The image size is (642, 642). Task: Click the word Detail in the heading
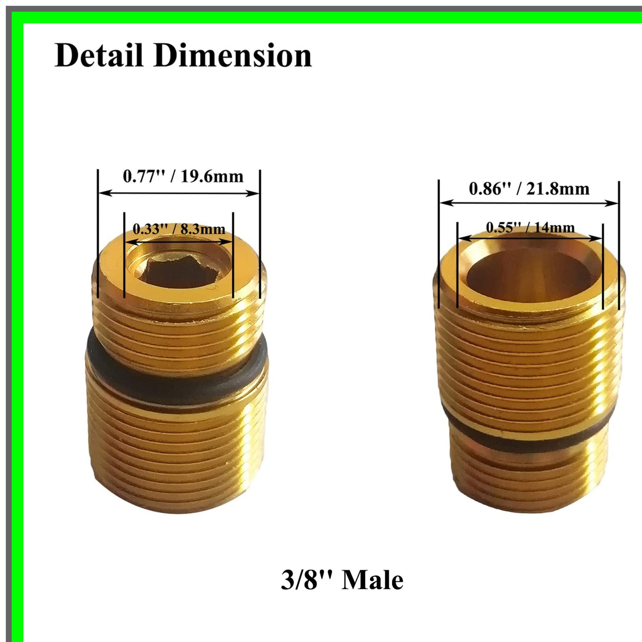[99, 55]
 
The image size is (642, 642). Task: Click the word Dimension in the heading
[232, 55]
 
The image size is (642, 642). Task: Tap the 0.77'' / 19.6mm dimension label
[183, 176]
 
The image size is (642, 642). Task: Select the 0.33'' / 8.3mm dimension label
[179, 229]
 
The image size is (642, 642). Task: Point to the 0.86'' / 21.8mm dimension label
[529, 189]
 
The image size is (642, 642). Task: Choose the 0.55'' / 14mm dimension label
[530, 228]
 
